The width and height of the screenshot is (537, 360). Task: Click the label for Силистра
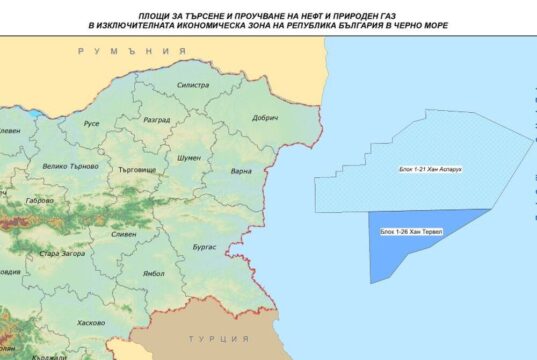[193, 86]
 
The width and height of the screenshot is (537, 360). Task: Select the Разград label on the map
[158, 117]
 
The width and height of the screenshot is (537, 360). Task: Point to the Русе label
[91, 124]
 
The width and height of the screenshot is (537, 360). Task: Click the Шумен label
[189, 158]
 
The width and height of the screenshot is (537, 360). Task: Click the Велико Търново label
[69, 166]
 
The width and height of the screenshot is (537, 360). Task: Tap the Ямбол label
[153, 272]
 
